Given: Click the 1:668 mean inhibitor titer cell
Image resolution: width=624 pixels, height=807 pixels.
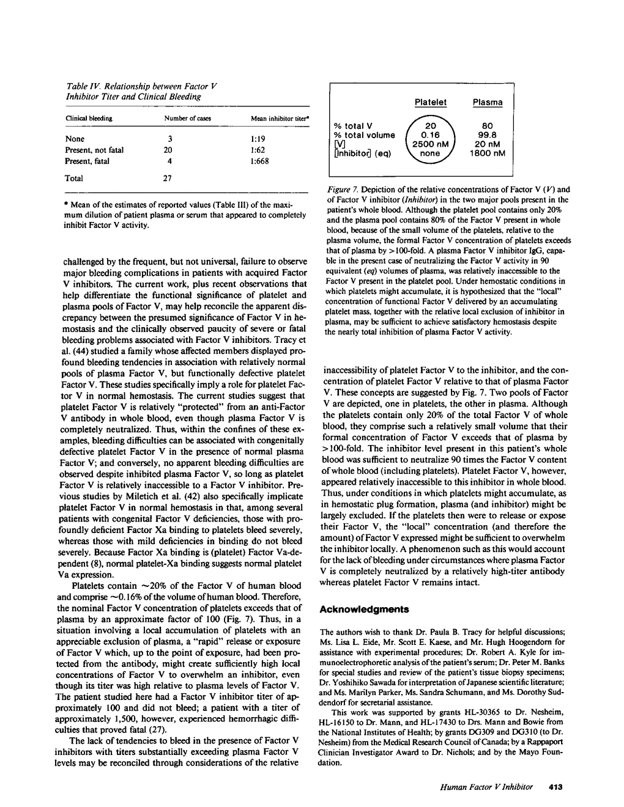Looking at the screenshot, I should [260, 161].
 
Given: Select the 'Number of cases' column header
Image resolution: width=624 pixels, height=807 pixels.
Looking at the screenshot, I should [187, 118].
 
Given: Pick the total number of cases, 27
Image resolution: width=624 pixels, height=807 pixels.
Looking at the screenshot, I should [169, 179].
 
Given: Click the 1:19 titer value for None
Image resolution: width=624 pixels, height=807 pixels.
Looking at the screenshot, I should [258, 139].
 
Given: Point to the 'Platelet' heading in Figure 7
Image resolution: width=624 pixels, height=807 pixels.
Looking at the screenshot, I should [431, 102].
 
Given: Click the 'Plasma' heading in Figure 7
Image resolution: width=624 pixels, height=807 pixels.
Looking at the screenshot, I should [488, 102].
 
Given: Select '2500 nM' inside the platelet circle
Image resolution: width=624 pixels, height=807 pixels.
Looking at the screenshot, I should [431, 144].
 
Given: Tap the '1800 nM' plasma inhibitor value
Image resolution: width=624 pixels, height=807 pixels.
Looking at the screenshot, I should [488, 153].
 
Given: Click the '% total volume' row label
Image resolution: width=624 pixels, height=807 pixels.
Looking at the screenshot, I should [364, 135].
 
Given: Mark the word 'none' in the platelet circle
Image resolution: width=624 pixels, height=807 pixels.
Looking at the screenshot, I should [431, 153].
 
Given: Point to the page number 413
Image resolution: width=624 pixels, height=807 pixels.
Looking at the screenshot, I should [555, 787].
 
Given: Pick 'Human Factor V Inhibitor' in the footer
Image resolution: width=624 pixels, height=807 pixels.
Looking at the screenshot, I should [486, 787].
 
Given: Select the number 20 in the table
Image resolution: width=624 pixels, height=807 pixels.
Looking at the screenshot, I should [168, 150].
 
